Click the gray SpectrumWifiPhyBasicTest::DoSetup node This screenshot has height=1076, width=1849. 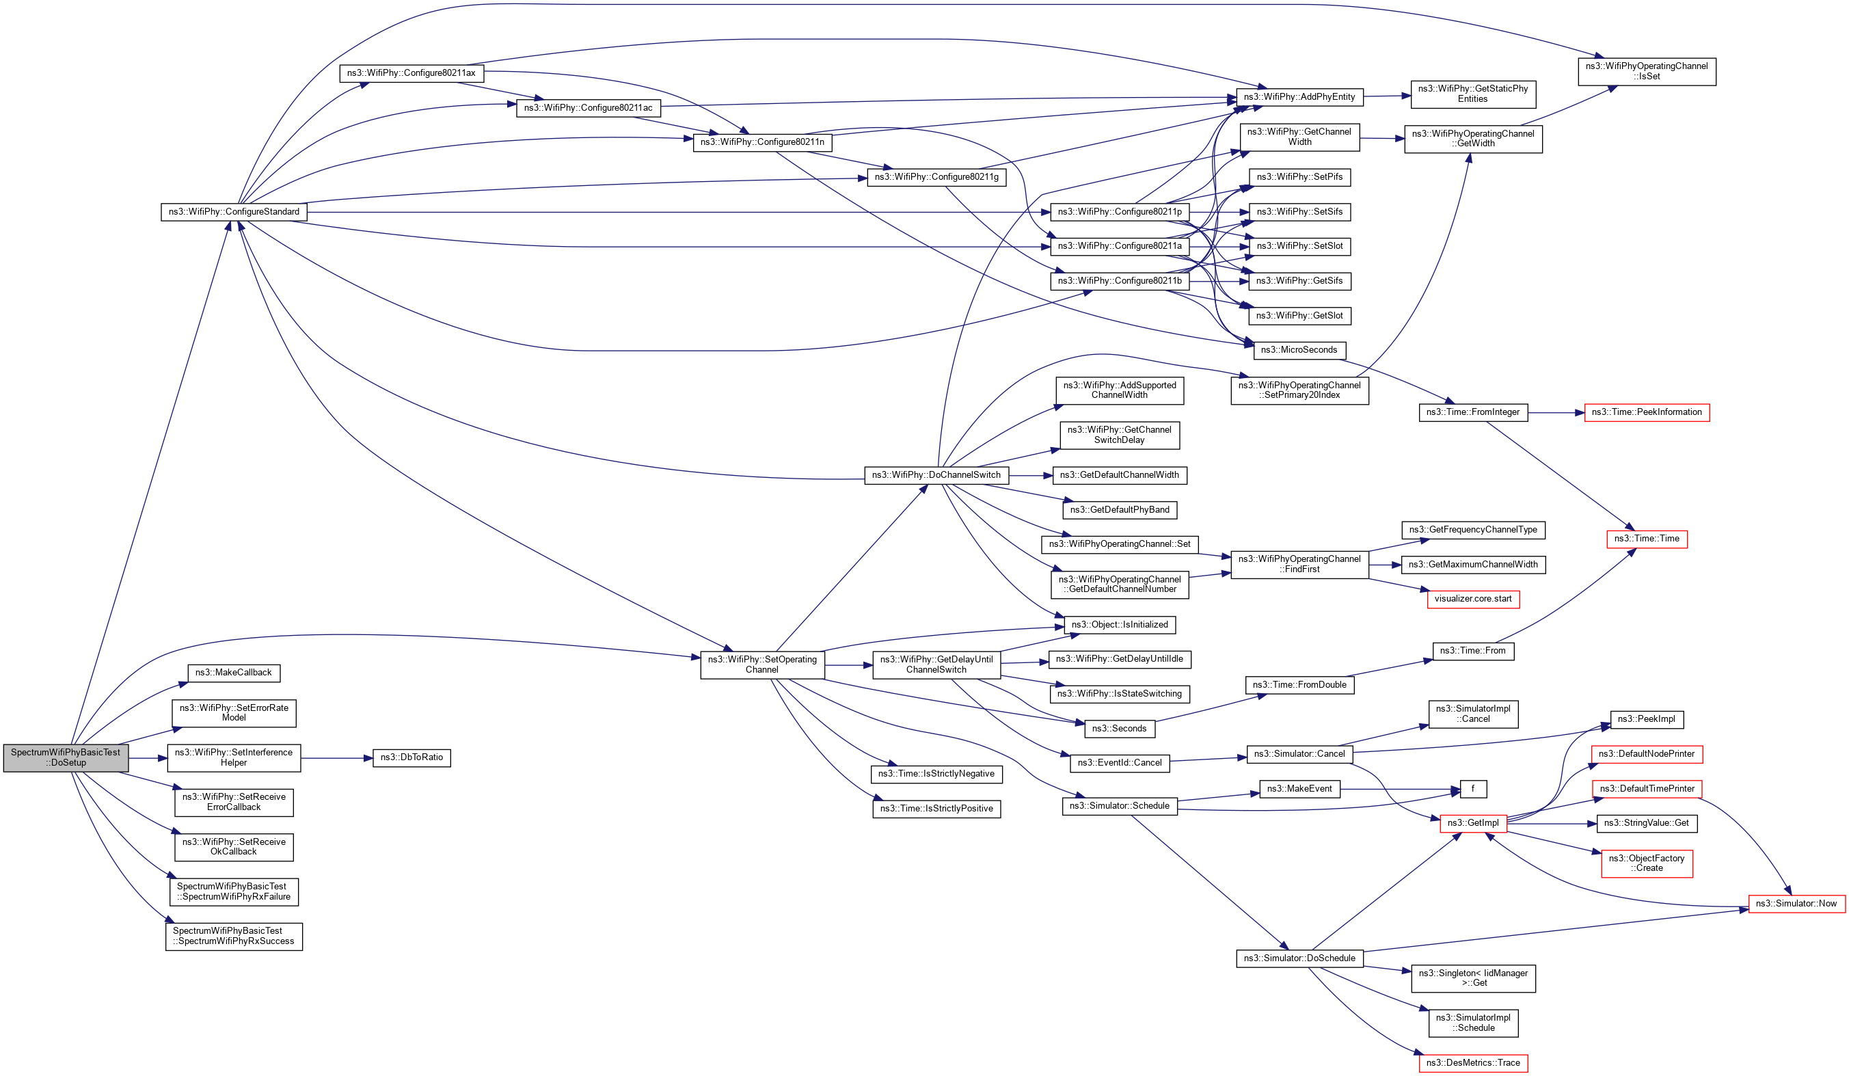66,757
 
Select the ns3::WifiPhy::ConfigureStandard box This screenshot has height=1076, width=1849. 233,212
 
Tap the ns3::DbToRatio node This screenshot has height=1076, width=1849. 411,757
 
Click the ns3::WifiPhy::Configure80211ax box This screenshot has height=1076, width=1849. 411,73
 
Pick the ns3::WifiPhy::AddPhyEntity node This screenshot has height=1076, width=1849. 1299,97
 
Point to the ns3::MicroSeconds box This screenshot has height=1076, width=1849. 1299,350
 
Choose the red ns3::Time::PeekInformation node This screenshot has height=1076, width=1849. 1647,412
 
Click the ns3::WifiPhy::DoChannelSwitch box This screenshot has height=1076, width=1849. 936,476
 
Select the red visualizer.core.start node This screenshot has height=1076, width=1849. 1472,599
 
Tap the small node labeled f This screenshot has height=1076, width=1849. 1472,789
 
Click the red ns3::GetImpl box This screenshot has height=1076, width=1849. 1472,824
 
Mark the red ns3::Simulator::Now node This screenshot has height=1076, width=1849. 1796,904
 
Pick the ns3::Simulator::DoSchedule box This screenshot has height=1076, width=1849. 1299,958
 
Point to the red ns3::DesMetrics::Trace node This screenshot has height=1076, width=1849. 1472,1063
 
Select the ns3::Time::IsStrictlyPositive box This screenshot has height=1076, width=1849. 936,809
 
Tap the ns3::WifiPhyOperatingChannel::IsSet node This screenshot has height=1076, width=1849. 1647,71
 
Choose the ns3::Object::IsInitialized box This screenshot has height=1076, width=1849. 1120,626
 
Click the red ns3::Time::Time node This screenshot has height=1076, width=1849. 1647,539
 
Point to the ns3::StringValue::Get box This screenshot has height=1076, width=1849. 1647,824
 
